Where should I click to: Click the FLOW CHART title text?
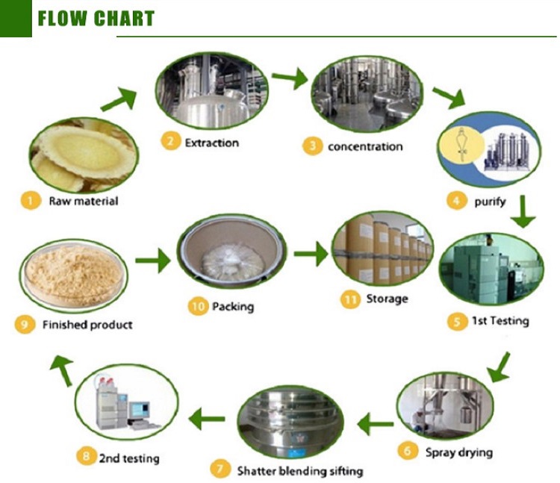96,18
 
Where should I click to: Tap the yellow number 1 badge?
31,200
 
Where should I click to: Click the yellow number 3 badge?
311,146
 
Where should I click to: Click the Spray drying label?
458,452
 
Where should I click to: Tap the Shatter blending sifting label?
299,470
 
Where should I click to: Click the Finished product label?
87,325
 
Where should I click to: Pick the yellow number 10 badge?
198,306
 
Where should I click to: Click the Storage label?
387,299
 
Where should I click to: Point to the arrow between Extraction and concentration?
289,78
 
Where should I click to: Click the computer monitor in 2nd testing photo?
139,409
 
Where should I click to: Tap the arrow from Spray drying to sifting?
375,425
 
